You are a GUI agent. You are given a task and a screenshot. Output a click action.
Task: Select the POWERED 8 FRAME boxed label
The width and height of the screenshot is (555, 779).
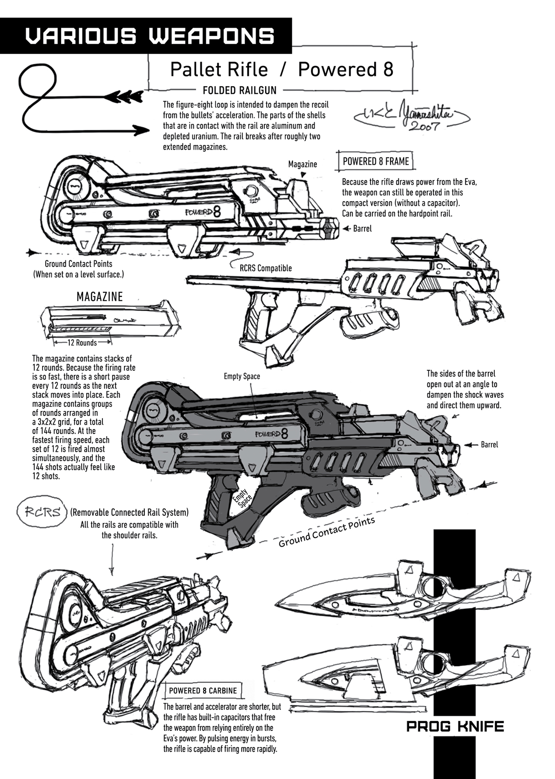pos(375,161)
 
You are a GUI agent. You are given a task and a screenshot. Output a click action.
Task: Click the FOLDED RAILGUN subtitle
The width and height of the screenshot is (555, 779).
pos(240,90)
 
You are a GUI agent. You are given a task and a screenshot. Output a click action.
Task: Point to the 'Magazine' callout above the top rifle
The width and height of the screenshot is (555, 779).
pos(302,164)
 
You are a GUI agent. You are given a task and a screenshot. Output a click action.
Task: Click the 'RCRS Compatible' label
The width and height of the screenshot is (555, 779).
pos(266,268)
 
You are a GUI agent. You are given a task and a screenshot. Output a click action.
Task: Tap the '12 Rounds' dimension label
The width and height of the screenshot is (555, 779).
pos(82,343)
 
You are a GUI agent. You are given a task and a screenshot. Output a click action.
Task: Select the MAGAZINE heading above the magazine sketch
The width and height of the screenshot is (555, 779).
pos(100,297)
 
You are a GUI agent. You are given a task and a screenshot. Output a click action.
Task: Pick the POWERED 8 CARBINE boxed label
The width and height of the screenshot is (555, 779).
pos(203,691)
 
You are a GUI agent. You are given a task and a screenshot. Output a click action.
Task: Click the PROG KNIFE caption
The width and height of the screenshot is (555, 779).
pos(455,726)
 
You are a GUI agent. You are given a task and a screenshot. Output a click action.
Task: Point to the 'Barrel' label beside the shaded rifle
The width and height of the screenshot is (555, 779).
pos(489,444)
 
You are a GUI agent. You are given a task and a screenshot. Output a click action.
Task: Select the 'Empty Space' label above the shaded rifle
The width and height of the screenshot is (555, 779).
pos(242,376)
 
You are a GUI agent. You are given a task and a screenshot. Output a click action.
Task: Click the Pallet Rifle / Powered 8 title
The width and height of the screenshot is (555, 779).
pos(282,70)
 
